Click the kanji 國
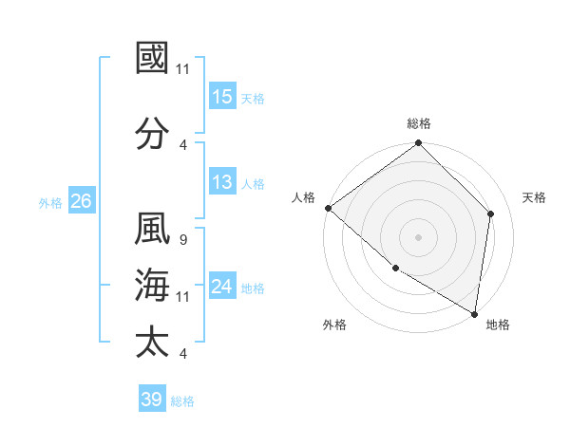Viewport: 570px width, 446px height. coord(152,58)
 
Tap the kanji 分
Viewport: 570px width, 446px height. coord(152,132)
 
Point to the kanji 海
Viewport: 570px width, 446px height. coord(152,286)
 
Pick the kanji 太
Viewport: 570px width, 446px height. coord(152,342)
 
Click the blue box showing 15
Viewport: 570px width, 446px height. coord(222,96)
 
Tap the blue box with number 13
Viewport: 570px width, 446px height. coord(222,182)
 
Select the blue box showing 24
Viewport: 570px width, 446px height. coord(222,287)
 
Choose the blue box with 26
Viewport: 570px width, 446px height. coord(81,201)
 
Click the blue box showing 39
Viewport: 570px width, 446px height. coord(152,400)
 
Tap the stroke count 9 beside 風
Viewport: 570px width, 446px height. coord(182,240)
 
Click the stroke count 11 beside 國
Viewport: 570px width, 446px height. coord(183,68)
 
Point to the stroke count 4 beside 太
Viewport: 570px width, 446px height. coord(182,353)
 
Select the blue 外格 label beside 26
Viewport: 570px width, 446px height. coord(50,202)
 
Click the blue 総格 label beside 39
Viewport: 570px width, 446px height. coord(183,400)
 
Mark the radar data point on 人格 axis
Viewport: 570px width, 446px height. coord(328,208)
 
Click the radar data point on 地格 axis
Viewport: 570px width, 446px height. coord(474,313)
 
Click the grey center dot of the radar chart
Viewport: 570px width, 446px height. coord(418,237)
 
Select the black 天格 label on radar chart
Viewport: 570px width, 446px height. coord(534,197)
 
